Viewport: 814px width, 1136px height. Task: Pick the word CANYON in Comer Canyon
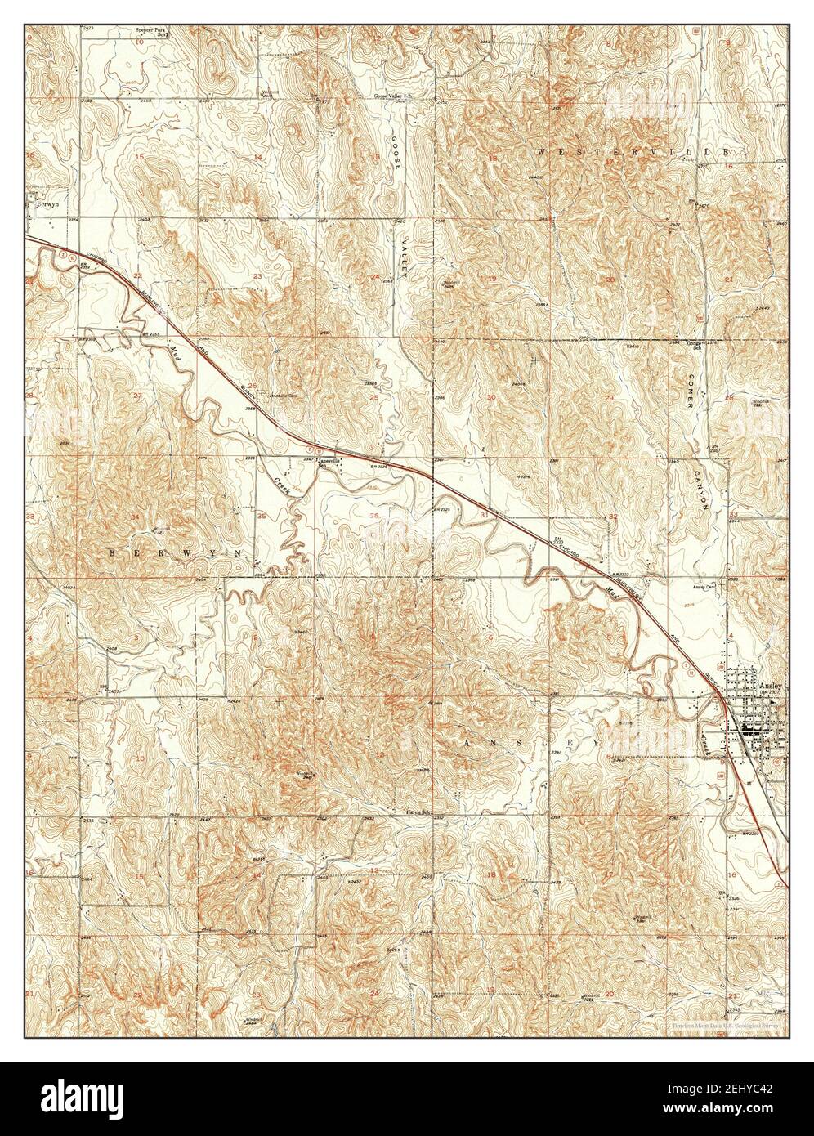702,490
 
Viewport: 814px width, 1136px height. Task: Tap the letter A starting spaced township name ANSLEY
468,743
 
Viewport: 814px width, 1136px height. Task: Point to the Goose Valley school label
389,96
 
